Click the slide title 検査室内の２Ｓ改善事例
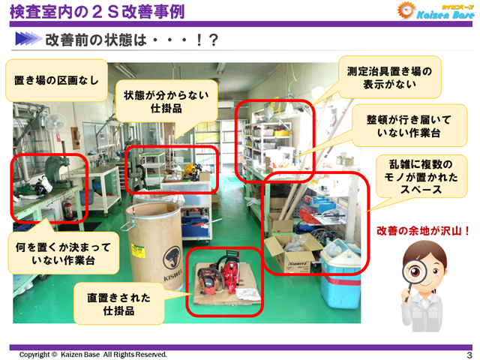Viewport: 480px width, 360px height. click(x=97, y=11)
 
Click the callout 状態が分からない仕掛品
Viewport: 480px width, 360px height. click(x=166, y=102)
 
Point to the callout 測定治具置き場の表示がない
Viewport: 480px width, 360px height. click(x=388, y=77)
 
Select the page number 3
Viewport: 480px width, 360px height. click(x=469, y=354)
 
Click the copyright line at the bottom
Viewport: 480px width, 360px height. click(x=93, y=354)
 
